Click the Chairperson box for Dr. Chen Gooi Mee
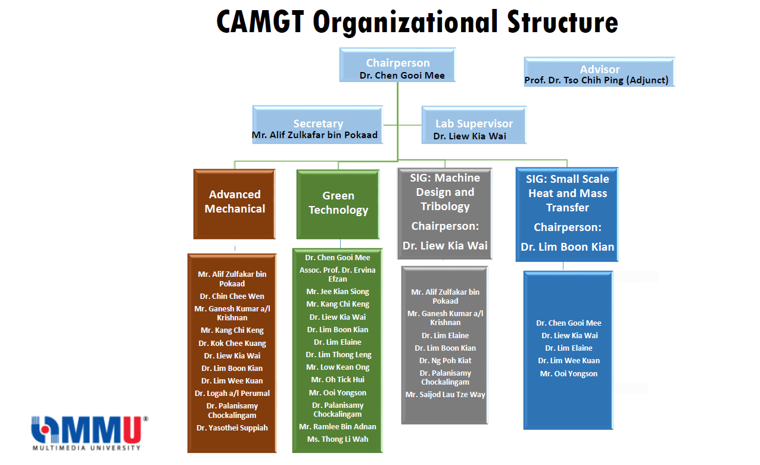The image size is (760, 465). [x=397, y=65]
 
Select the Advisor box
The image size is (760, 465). [x=599, y=71]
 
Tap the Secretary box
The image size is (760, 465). [x=317, y=125]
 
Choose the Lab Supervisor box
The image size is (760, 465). [x=474, y=125]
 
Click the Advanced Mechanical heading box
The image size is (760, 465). [x=235, y=204]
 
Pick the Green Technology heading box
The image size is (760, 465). [x=338, y=205]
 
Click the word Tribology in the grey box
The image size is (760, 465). [x=445, y=207]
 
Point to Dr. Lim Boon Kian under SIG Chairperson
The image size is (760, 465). [x=567, y=246]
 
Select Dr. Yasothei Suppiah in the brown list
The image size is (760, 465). [x=232, y=427]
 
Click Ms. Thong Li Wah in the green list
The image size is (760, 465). [x=338, y=439]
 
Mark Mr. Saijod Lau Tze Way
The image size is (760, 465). [x=445, y=395]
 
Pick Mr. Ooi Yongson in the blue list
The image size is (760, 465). [x=569, y=373]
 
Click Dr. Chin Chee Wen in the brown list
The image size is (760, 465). [x=232, y=296]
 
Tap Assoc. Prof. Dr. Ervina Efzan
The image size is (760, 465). [x=338, y=274]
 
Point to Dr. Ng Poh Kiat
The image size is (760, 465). [x=445, y=361]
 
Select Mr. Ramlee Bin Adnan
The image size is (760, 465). [x=338, y=426]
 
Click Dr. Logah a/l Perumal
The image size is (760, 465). [x=232, y=393]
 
